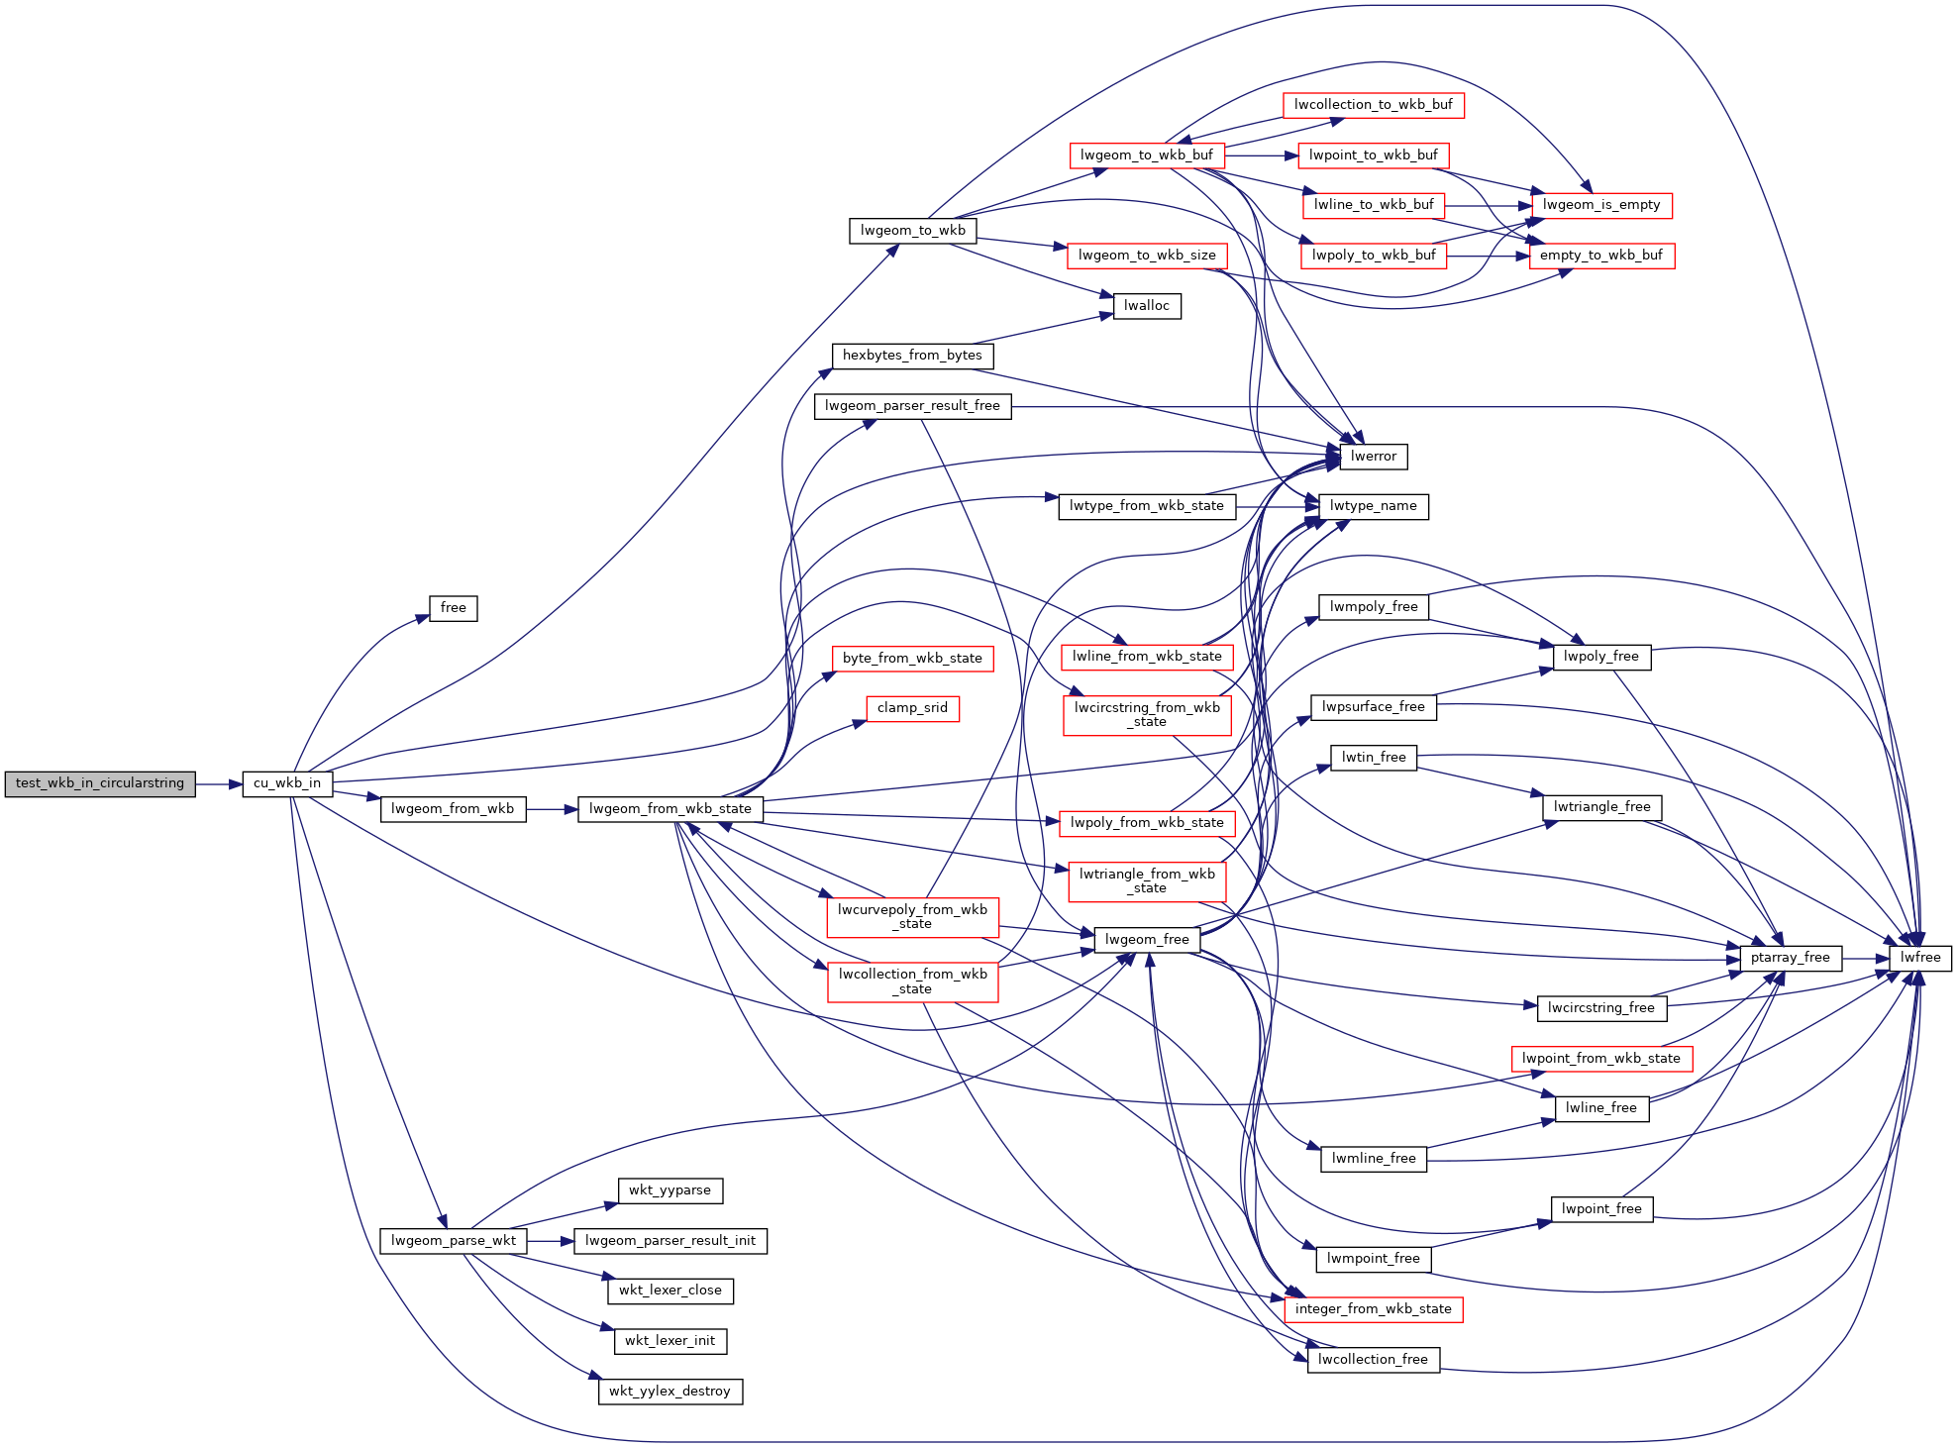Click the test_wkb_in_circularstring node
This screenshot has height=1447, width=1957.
click(x=100, y=783)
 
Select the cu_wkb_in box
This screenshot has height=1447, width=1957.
click(x=287, y=783)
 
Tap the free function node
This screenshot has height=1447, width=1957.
click(x=454, y=608)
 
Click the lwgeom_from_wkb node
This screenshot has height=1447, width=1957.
click(x=453, y=809)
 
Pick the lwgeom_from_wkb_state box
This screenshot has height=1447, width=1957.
click(x=670, y=809)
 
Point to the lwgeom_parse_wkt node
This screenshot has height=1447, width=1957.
click(x=454, y=1241)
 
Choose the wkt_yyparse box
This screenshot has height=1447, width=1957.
click(x=670, y=1190)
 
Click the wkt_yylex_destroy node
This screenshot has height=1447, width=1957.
click(x=670, y=1392)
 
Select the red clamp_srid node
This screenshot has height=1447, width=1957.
click(x=912, y=708)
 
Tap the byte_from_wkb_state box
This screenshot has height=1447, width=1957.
click(x=912, y=659)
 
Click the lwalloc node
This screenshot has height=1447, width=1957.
click(x=1147, y=306)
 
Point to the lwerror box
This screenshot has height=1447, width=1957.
click(x=1374, y=457)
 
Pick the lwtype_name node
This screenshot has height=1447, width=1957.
click(x=1374, y=506)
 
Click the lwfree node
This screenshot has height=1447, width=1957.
click(x=1920, y=958)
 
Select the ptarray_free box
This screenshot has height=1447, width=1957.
click(x=1791, y=958)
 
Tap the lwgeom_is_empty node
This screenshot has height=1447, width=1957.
click(x=1601, y=205)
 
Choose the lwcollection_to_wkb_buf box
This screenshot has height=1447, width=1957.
click(x=1374, y=105)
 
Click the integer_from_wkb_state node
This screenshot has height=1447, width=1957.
click(x=1374, y=1309)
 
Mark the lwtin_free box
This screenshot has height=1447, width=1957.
click(x=1374, y=758)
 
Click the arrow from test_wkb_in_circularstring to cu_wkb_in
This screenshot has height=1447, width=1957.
click(x=220, y=784)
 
